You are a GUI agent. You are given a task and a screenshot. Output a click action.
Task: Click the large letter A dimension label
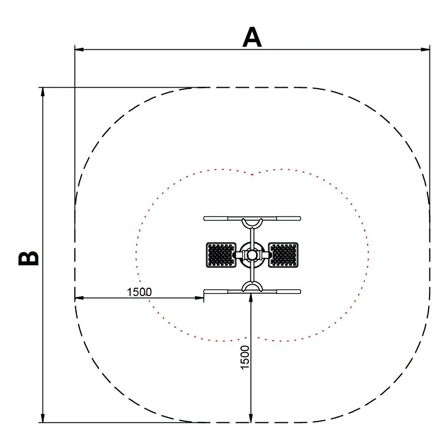tap(252, 37)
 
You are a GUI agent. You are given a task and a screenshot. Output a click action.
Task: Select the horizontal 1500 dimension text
tap(139, 292)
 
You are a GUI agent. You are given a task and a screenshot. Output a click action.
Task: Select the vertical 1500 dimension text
tap(245, 357)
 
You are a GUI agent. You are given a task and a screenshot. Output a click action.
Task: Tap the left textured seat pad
tap(221, 255)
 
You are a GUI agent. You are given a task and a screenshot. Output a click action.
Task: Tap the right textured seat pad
tap(283, 255)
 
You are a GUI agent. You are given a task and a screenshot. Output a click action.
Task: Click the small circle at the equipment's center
tap(252, 255)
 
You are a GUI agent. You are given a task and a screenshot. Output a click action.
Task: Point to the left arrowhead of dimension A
tap(79, 49)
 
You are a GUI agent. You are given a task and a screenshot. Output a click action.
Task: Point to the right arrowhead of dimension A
tap(425, 49)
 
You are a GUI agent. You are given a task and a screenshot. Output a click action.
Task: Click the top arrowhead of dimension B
tap(43, 92)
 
